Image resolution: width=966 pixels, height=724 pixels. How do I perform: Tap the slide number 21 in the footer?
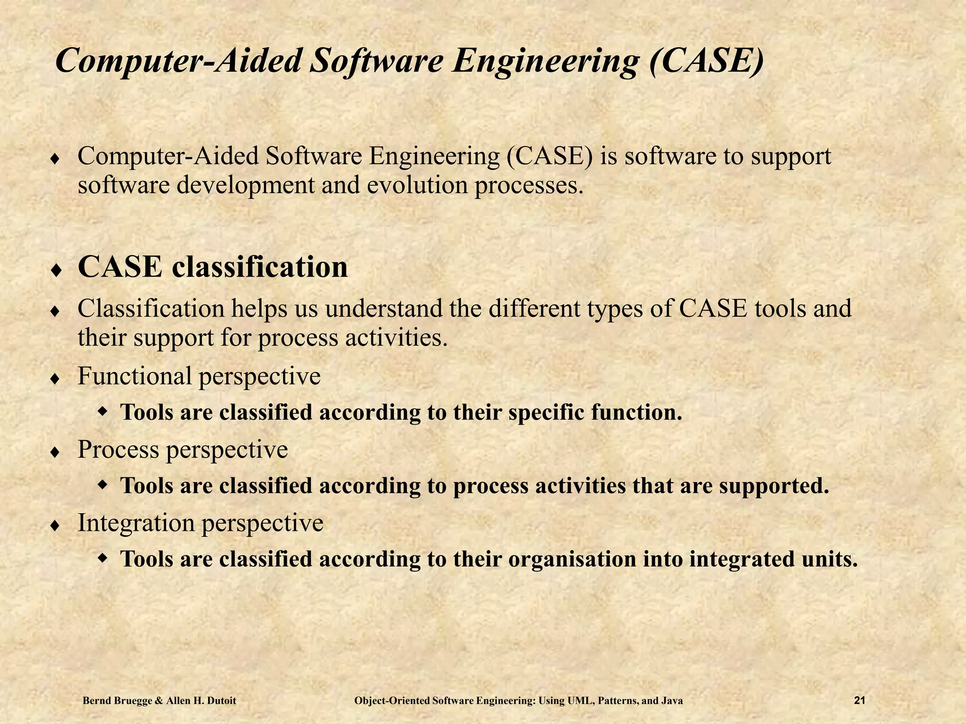click(859, 701)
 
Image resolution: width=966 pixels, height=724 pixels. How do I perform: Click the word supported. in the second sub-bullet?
click(774, 486)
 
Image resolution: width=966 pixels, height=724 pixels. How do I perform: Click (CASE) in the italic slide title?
click(706, 62)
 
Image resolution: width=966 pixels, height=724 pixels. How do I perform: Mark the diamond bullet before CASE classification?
click(55, 271)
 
